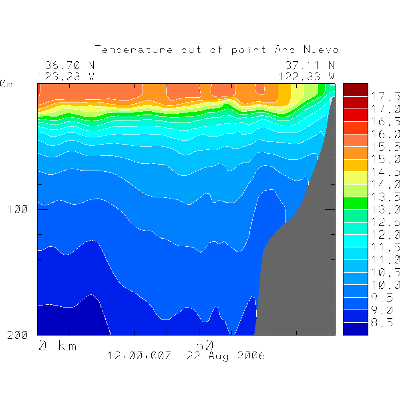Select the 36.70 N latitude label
tap(69, 65)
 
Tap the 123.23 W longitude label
tap(66, 76)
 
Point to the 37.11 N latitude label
tap(310, 65)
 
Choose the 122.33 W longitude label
tap(307, 76)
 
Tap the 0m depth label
tap(6, 84)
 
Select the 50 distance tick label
tap(204, 345)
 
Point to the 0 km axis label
tap(57, 346)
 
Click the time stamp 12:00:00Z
tap(139, 356)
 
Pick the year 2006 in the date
tap(251, 356)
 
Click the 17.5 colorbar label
tap(386, 96)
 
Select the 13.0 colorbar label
tap(386, 209)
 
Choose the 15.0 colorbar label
tap(386, 159)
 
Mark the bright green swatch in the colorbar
tap(355, 203)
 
